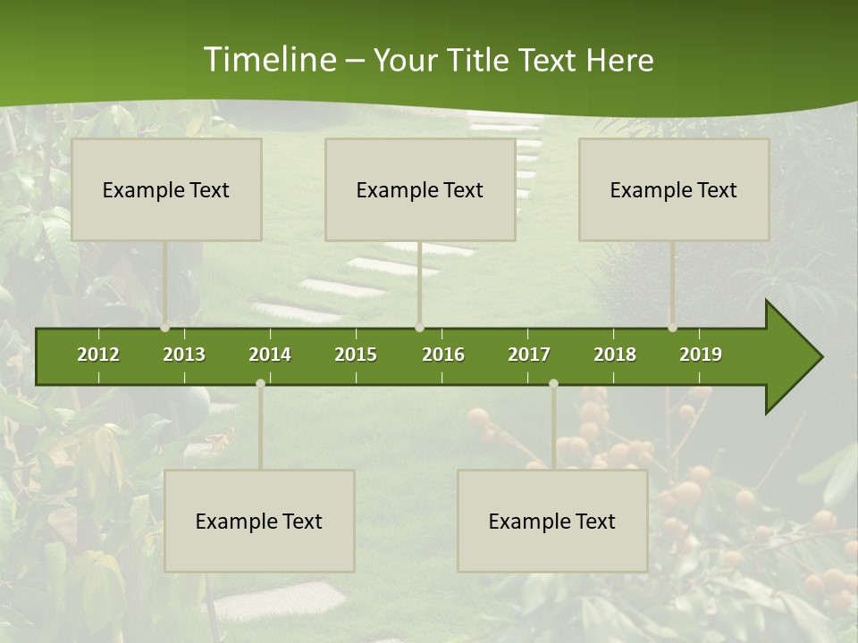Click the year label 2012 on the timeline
click(x=98, y=355)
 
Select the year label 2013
click(x=184, y=355)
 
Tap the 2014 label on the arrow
click(x=270, y=355)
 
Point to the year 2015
click(x=356, y=355)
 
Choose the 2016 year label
click(x=443, y=355)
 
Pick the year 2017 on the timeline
click(x=529, y=355)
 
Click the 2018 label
click(x=615, y=355)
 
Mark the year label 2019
click(x=701, y=355)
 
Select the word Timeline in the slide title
click(x=268, y=60)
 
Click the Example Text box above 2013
click(x=166, y=189)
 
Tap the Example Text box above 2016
click(x=420, y=189)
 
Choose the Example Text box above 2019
click(x=674, y=189)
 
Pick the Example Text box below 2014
click(x=259, y=521)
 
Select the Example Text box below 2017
click(x=552, y=521)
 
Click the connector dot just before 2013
click(x=165, y=328)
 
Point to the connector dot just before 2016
click(x=420, y=328)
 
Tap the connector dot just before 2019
click(x=673, y=328)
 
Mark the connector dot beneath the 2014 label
click(x=260, y=383)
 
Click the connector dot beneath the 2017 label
click(x=553, y=383)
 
